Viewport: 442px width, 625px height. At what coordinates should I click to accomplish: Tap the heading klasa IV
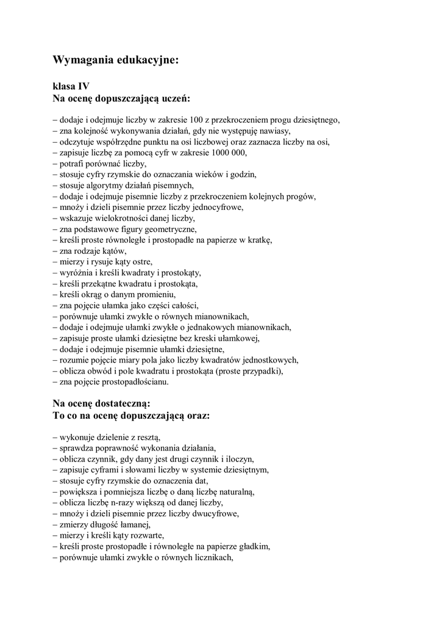coord(72,87)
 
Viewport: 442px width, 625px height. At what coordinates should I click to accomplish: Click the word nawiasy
coord(275,131)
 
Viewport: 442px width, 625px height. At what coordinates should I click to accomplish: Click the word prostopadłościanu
coord(134,382)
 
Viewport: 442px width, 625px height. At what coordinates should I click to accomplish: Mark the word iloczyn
coord(240,459)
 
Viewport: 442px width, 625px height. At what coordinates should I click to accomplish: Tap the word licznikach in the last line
coord(213,557)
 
